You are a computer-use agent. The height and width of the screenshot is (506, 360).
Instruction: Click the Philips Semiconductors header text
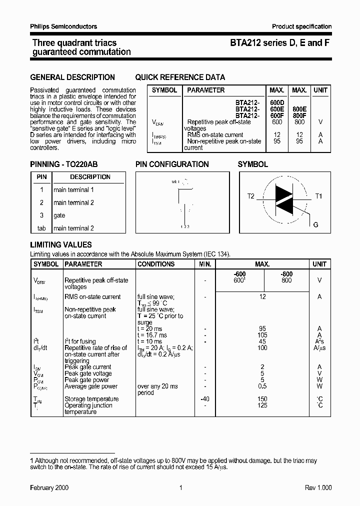click(x=63, y=26)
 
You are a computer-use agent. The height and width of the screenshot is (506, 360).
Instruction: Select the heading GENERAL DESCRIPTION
click(x=72, y=77)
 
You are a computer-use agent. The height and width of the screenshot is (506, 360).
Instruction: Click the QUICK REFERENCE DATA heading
click(x=180, y=77)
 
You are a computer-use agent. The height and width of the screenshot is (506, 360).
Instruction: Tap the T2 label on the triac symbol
click(x=250, y=196)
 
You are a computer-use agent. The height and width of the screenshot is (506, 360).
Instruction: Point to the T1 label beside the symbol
click(x=318, y=196)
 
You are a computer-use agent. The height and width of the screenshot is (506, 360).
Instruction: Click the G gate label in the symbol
click(x=315, y=225)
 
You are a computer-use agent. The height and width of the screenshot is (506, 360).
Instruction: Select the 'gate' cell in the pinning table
click(x=59, y=215)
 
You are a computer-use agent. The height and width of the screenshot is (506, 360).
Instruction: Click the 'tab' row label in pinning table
click(x=41, y=228)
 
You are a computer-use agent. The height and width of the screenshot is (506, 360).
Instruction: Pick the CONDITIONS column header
click(x=156, y=264)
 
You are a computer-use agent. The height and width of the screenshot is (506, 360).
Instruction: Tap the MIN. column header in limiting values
click(x=205, y=264)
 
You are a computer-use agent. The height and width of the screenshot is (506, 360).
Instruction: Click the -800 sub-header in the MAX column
click(x=286, y=274)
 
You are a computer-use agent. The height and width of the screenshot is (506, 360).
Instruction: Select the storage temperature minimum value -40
click(x=205, y=399)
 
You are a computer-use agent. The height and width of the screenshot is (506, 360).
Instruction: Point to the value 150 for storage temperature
click(x=262, y=399)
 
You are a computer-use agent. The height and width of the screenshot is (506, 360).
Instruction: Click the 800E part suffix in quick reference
click(x=299, y=109)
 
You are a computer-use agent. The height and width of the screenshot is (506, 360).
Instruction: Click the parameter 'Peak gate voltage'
click(x=88, y=373)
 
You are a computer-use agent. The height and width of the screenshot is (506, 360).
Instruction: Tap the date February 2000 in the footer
click(x=49, y=487)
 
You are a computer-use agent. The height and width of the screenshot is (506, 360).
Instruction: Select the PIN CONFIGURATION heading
click(x=172, y=164)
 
